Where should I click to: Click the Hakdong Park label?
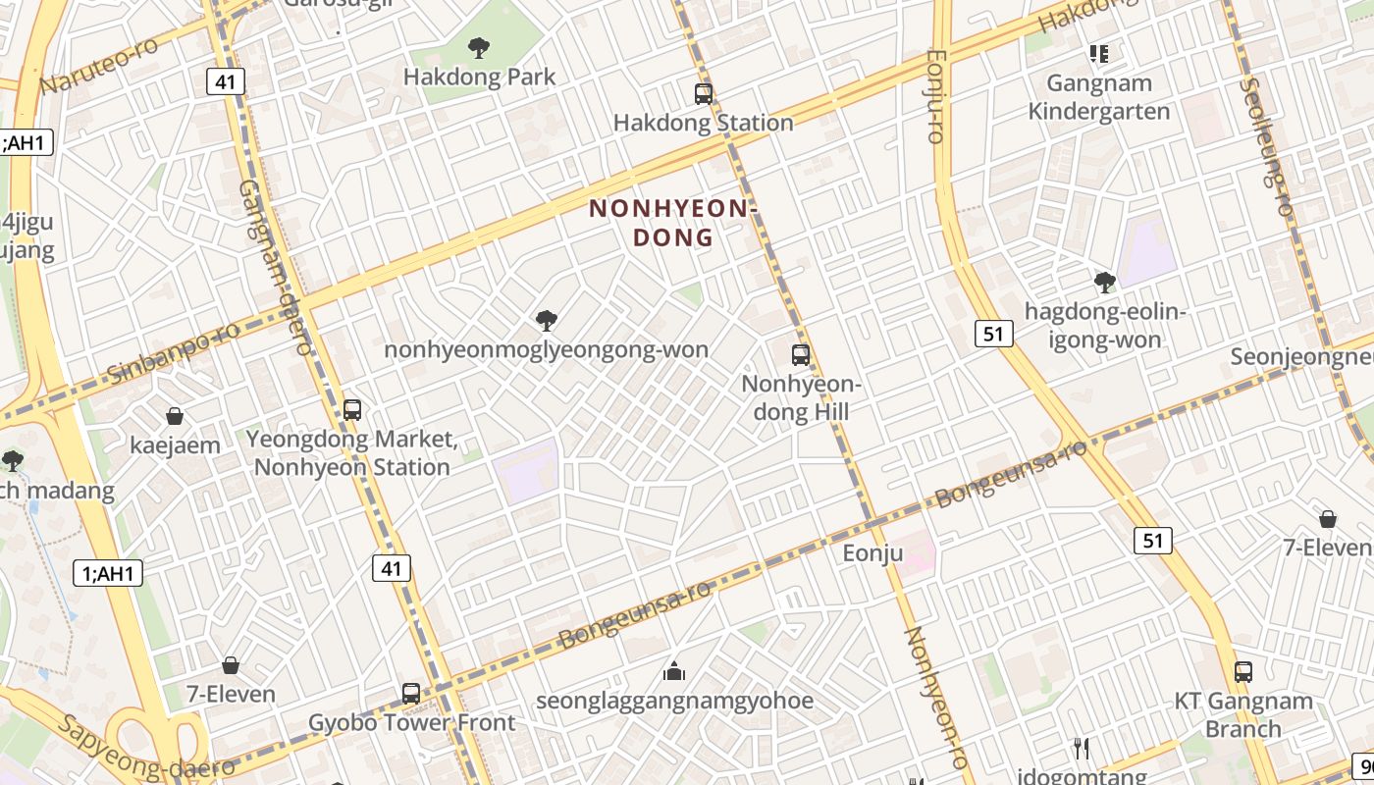pyautogui.click(x=479, y=77)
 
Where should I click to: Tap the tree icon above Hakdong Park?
pyautogui.click(x=479, y=46)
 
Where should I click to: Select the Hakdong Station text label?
pyautogui.click(x=703, y=123)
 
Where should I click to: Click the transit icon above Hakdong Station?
pyautogui.click(x=703, y=94)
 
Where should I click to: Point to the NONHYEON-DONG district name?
pyautogui.click(x=673, y=223)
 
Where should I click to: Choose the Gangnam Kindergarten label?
pyautogui.click(x=1098, y=97)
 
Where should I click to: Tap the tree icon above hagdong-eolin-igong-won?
pyautogui.click(x=1105, y=283)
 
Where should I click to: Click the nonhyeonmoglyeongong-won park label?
pyautogui.click(x=546, y=349)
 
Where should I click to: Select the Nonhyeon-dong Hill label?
pyautogui.click(x=801, y=397)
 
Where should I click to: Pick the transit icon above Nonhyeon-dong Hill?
pyautogui.click(x=801, y=355)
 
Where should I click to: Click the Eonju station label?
pyautogui.click(x=872, y=553)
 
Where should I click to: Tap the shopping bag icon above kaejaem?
pyautogui.click(x=175, y=416)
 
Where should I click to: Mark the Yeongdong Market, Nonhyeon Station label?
pyautogui.click(x=351, y=452)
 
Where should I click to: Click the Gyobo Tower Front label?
pyautogui.click(x=411, y=723)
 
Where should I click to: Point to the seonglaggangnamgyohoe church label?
pyautogui.click(x=674, y=701)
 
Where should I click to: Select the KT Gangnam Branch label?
pyautogui.click(x=1243, y=714)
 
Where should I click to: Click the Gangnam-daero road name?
pyautogui.click(x=275, y=265)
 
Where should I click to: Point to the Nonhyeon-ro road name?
pyautogui.click(x=933, y=697)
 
